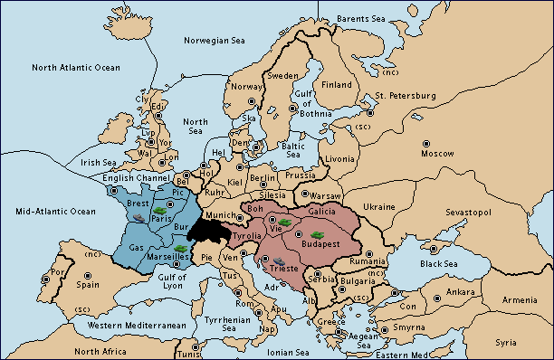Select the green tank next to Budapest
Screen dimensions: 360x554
[x=318, y=235]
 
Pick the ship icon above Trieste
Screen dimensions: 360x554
[x=265, y=261]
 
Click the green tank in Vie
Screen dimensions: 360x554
[x=283, y=220]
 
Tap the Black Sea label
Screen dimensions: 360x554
[x=439, y=264]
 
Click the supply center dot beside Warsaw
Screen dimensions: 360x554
[x=305, y=194]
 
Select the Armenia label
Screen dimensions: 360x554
[x=520, y=299]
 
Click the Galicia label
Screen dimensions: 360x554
[x=321, y=210]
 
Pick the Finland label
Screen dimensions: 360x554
[x=337, y=85]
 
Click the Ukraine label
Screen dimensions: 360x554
[x=379, y=207]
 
